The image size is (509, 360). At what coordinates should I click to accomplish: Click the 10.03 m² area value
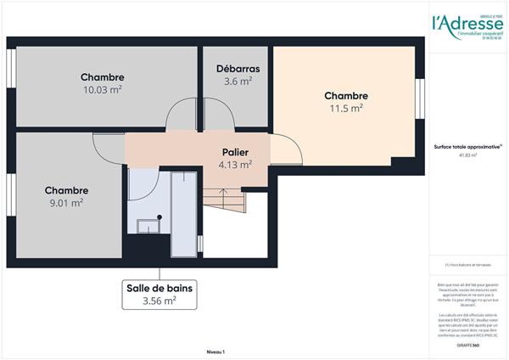(x=103, y=90)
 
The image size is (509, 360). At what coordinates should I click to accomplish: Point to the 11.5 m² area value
(x=345, y=108)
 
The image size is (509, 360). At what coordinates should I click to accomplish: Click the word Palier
(x=234, y=152)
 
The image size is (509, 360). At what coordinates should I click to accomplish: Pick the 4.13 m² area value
(x=234, y=165)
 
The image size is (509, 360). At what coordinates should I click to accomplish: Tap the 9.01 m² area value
(x=65, y=203)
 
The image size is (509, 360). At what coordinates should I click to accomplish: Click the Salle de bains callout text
(x=159, y=288)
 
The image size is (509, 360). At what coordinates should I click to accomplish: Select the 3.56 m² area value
(x=159, y=300)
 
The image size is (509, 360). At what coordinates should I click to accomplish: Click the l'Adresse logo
(x=456, y=24)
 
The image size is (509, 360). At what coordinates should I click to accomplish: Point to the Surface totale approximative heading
(x=456, y=147)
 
